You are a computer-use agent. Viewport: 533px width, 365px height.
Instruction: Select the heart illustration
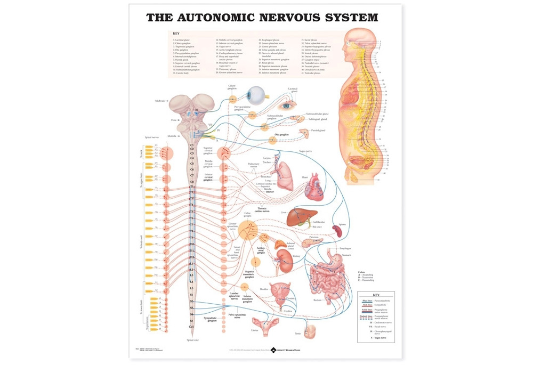[x=313, y=186]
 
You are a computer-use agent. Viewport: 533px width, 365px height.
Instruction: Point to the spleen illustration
[x=338, y=230]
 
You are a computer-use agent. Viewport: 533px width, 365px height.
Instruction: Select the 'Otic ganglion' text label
[x=281, y=135]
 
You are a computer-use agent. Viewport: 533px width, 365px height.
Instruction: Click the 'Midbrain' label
[x=160, y=100]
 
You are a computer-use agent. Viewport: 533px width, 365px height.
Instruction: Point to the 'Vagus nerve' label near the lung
[x=305, y=151]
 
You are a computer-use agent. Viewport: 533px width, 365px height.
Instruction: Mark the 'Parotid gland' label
[x=318, y=130]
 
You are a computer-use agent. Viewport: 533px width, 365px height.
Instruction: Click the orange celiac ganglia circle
[x=246, y=230]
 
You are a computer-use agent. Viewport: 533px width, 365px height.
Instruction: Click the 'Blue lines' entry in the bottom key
[x=367, y=301]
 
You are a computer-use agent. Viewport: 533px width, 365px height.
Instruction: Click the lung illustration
[x=286, y=176]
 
